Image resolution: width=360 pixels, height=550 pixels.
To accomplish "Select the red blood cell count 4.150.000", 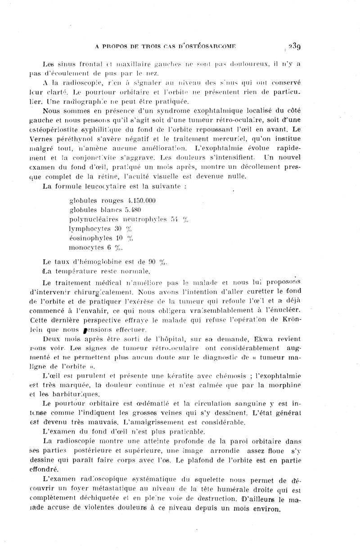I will click(x=135, y=201).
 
